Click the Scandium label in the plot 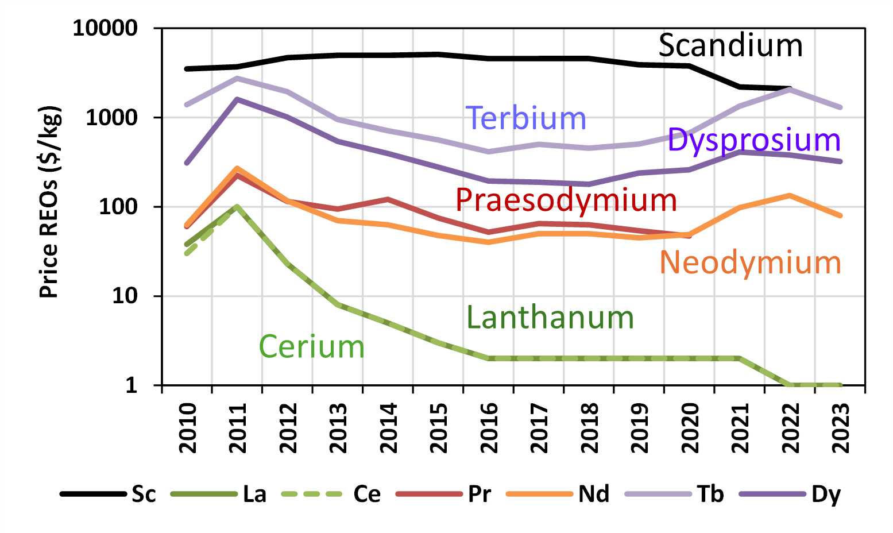coord(730,45)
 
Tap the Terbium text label coord(525,118)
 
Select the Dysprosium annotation coord(753,140)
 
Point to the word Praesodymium coord(566,200)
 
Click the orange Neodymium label coord(750,262)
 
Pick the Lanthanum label coord(550,318)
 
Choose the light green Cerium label coord(311,347)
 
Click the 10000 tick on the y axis coord(105,28)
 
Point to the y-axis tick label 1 coord(132,385)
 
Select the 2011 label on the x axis coord(237,428)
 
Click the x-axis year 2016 coord(489,428)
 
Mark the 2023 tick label coord(840,428)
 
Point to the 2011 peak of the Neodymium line coord(237,168)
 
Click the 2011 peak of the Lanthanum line coord(237,206)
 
